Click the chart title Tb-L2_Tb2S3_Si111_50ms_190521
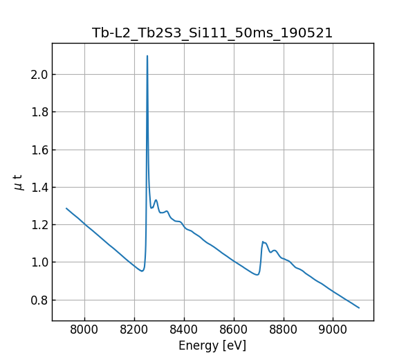click(x=212, y=33)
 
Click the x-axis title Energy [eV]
click(x=212, y=345)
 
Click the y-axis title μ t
click(x=19, y=182)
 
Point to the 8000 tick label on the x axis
click(x=84, y=330)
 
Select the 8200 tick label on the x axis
click(x=134, y=330)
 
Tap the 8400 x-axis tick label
click(x=184, y=330)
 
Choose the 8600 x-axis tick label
click(x=234, y=330)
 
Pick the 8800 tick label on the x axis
click(x=283, y=330)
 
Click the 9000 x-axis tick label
click(x=333, y=330)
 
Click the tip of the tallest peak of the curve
click(x=147, y=56)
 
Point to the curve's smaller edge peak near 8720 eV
click(x=263, y=242)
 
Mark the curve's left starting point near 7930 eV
click(x=66, y=208)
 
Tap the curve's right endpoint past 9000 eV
click(x=359, y=307)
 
